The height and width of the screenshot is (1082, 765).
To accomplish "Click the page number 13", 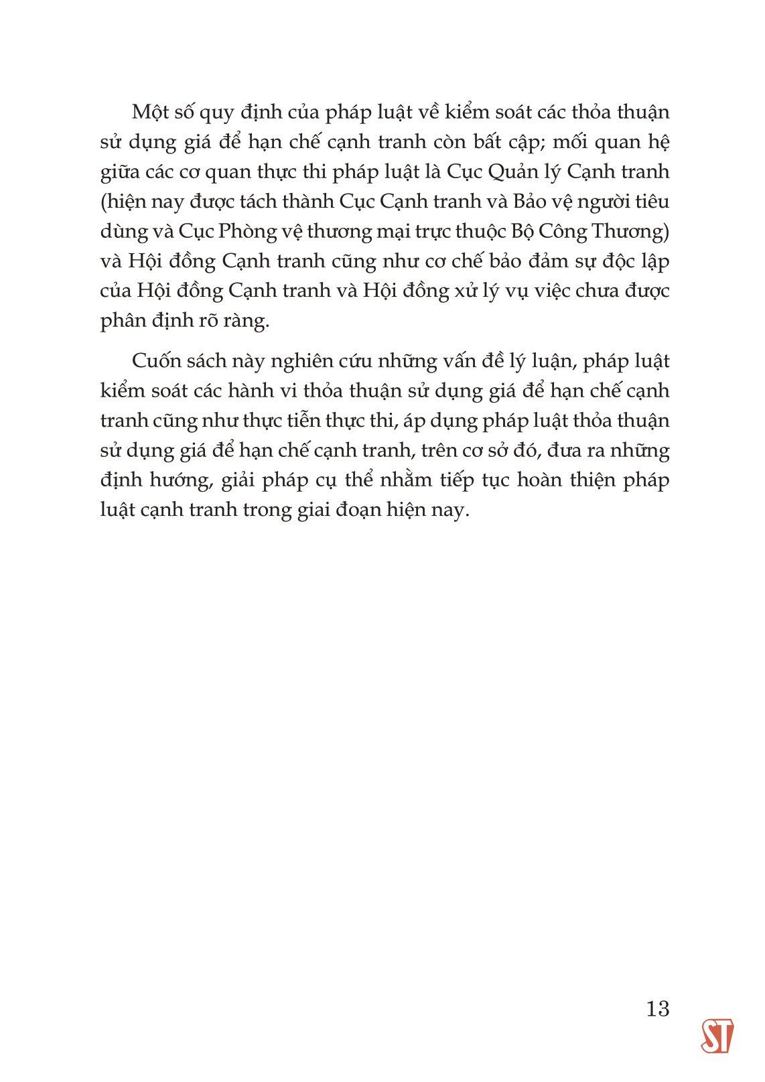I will (658, 1008).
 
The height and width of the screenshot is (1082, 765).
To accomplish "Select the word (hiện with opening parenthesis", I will (123, 201).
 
